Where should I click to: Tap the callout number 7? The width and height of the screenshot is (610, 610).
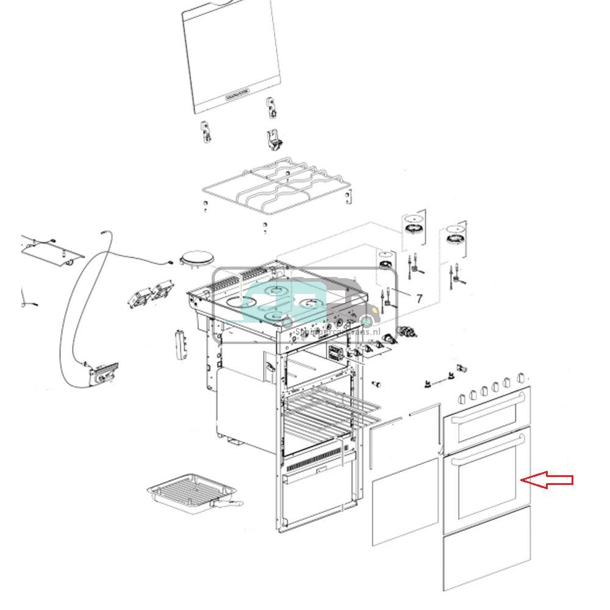419,298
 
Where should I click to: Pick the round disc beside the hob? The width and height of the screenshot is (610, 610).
197,259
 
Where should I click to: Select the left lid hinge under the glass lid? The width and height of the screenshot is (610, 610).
207,132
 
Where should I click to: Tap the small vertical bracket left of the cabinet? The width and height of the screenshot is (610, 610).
179,345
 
